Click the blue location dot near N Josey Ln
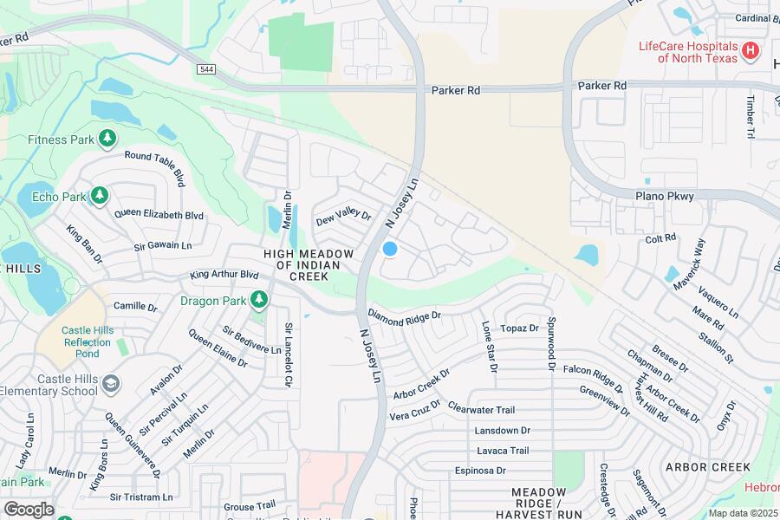coord(390,249)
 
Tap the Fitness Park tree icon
coord(107,139)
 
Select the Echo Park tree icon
coord(100,196)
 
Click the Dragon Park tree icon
coord(258,301)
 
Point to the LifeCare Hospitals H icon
coord(751,52)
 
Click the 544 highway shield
coord(206,68)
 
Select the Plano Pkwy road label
coord(666,197)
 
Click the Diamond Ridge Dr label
coord(405,318)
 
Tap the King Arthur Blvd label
coord(224,275)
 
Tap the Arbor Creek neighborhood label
coord(707,467)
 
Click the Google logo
coord(29,510)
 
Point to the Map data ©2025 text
coord(743,513)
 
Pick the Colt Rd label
coord(660,238)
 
